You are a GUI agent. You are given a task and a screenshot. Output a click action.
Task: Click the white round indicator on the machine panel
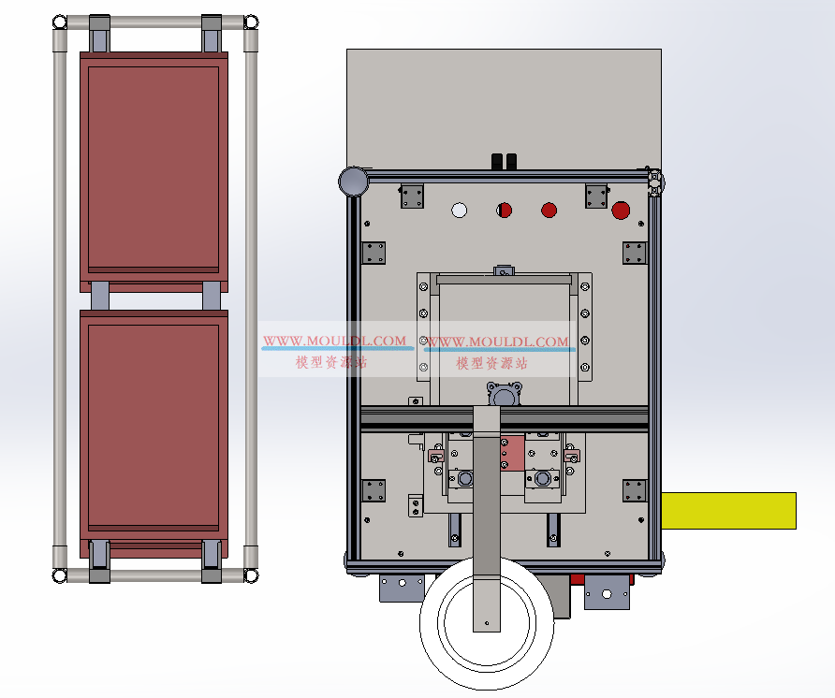coord(459,211)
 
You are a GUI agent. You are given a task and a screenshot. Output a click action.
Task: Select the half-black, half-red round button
coord(504,211)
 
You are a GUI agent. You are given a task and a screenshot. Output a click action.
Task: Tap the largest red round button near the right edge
coord(621,211)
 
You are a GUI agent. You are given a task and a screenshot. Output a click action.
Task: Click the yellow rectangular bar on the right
coord(728,511)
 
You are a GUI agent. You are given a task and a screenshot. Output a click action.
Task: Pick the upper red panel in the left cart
coord(154,171)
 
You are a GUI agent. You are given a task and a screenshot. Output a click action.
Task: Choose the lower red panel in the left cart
coord(154,432)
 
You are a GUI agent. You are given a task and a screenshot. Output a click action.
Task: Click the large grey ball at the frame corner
coord(353,181)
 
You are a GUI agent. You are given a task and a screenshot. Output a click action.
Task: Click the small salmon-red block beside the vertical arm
coord(512,454)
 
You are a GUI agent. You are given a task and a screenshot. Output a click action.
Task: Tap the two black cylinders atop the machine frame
coord(504,162)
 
